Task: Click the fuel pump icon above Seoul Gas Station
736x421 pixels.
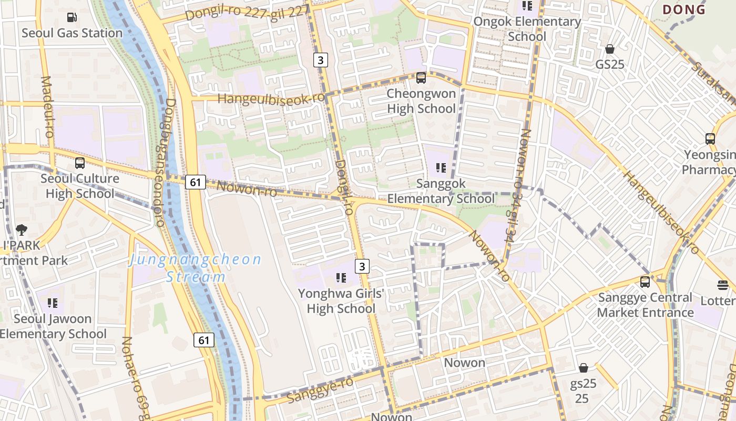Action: (71, 17)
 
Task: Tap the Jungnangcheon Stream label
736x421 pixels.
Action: (196, 268)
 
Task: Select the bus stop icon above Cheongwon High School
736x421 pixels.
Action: (421, 78)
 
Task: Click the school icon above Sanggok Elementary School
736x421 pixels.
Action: (441, 168)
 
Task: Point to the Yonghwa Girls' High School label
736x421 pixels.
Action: (341, 300)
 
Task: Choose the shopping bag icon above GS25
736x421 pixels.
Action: (610, 49)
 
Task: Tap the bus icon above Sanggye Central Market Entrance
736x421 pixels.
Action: (645, 282)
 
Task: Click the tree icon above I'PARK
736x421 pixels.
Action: (22, 230)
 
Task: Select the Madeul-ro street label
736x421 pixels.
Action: (47, 107)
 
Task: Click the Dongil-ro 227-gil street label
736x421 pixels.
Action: (246, 11)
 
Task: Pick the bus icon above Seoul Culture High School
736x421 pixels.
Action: (80, 163)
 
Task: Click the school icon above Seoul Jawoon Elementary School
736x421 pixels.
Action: (52, 303)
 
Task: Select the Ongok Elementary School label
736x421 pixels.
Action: (527, 29)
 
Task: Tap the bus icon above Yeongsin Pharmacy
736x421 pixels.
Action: (710, 139)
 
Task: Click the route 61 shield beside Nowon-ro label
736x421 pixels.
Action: (195, 182)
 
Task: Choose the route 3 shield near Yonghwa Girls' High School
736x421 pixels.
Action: (362, 266)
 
